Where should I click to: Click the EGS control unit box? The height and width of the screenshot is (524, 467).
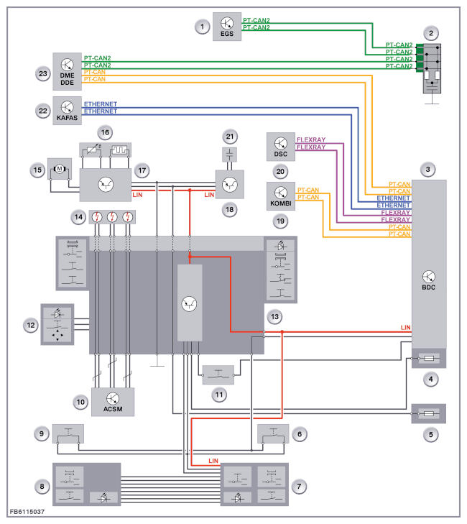(x=227, y=27)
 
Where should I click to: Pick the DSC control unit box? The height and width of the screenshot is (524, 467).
(x=280, y=147)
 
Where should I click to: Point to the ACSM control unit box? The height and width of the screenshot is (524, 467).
(x=113, y=401)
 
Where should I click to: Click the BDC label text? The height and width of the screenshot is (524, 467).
(x=429, y=287)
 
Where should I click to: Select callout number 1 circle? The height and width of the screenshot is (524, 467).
(x=203, y=27)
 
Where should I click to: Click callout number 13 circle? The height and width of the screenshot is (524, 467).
(x=274, y=316)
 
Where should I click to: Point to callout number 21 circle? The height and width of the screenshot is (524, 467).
(x=230, y=137)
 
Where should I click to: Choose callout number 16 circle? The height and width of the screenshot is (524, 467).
(x=106, y=133)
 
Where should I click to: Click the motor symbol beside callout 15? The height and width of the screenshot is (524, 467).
(x=57, y=170)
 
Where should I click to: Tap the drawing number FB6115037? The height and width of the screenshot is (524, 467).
(x=28, y=512)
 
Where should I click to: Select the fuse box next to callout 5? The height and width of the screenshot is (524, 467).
(x=428, y=414)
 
